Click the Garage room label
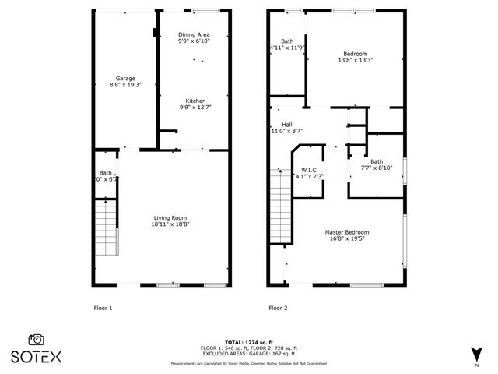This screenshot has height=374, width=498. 125,78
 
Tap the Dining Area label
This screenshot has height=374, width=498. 194,34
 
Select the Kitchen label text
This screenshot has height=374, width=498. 195,100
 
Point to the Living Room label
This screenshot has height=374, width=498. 170,217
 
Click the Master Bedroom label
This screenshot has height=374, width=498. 347,232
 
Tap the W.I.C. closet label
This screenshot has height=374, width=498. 309,170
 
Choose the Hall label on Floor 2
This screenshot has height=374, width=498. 286,124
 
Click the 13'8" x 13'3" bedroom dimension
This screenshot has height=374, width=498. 355,60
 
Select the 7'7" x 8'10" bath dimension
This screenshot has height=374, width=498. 376,168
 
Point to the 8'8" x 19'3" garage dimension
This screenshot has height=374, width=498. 125,85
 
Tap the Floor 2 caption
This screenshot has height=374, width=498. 278,308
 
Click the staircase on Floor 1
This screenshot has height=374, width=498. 106,227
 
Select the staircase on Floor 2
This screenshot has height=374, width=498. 281,206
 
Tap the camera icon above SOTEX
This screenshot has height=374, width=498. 36,339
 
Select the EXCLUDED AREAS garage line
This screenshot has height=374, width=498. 248,353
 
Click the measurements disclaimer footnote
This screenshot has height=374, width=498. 248,363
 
